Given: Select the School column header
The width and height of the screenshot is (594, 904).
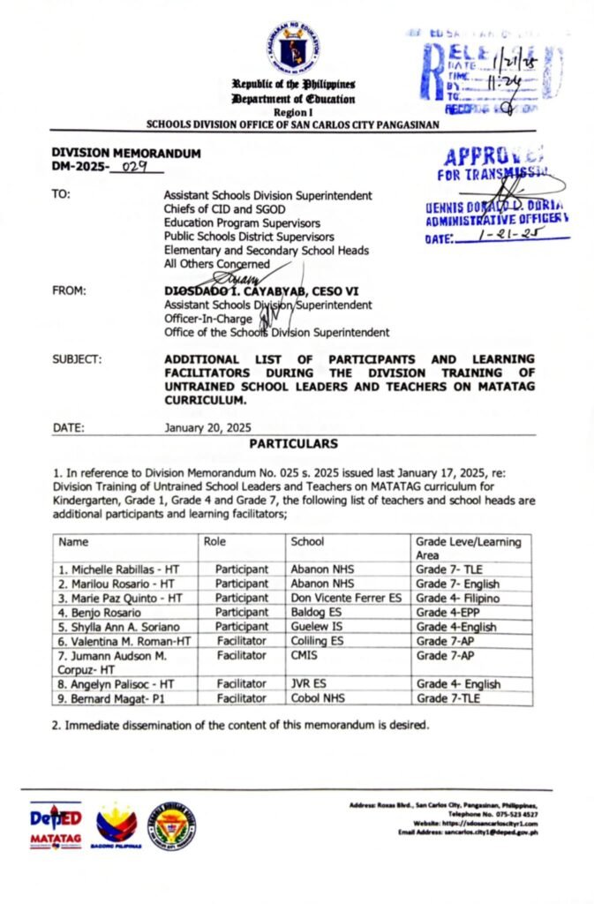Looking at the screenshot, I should tap(307, 541).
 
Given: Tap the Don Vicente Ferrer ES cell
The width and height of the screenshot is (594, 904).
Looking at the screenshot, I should tap(346, 598).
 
